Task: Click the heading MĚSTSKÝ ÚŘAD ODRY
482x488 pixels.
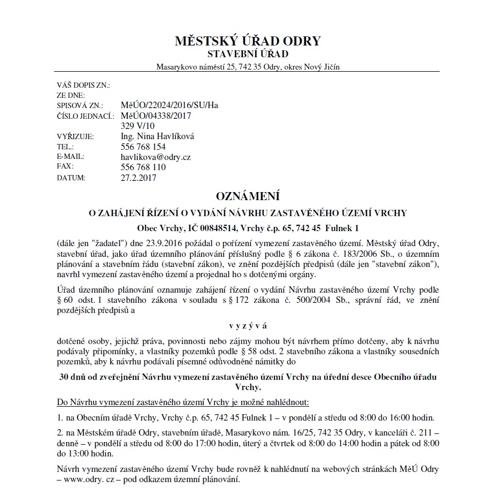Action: [247, 41]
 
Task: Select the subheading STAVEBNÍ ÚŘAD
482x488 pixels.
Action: [247, 54]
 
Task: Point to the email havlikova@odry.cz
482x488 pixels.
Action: [156, 157]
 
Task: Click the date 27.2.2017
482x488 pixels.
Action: [139, 178]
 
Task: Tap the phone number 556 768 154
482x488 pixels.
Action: [143, 147]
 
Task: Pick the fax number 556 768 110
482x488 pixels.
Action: [143, 167]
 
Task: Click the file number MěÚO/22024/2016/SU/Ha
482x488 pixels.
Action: [170, 105]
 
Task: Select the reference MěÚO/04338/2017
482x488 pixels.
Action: [156, 116]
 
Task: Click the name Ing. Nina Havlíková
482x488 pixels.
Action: [157, 136]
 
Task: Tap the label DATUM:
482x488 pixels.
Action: [71, 178]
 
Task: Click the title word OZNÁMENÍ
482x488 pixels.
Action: [247, 196]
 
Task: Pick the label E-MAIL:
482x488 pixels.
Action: [71, 157]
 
